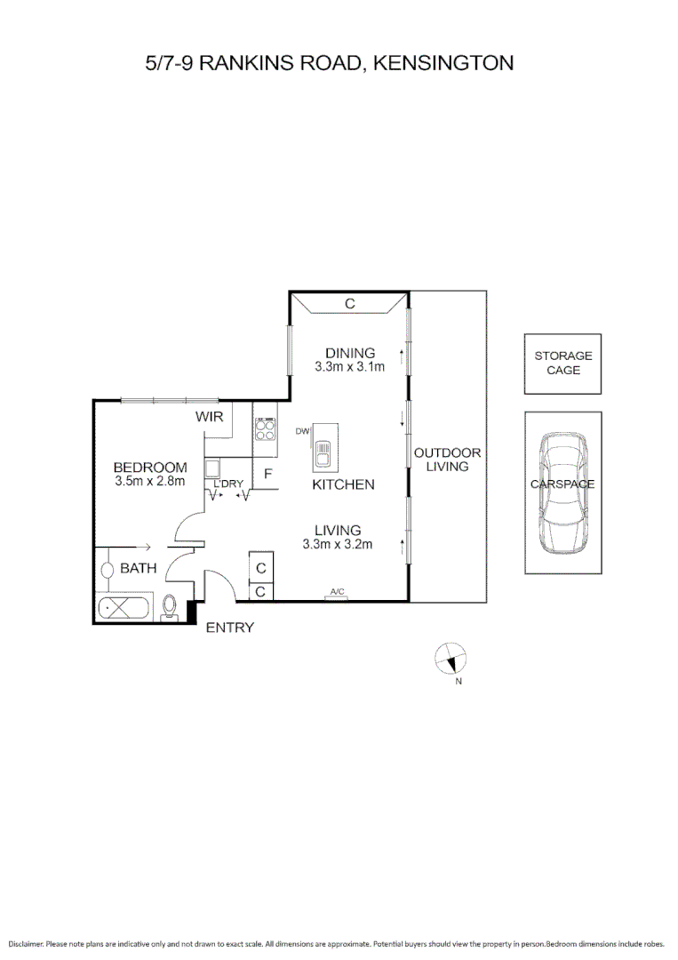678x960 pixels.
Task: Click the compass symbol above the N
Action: click(x=450, y=659)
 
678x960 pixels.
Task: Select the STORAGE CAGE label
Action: click(x=562, y=363)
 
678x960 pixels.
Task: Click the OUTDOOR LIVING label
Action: click(x=447, y=459)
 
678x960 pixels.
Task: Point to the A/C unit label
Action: click(x=337, y=591)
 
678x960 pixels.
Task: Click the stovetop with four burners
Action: click(x=266, y=429)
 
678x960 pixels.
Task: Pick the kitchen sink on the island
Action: click(x=324, y=447)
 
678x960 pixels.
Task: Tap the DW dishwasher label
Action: click(x=302, y=431)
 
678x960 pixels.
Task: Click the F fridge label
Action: click(x=267, y=474)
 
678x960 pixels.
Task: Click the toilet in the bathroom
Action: click(x=171, y=607)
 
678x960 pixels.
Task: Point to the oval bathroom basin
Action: click(x=107, y=569)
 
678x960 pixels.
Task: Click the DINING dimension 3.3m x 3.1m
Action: click(x=349, y=366)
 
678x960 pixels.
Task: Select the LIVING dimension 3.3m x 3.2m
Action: click(x=337, y=544)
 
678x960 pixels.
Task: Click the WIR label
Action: click(x=209, y=415)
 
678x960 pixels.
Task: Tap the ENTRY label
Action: click(x=229, y=628)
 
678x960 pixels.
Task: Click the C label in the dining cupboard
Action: click(x=350, y=303)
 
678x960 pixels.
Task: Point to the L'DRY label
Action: click(x=227, y=484)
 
